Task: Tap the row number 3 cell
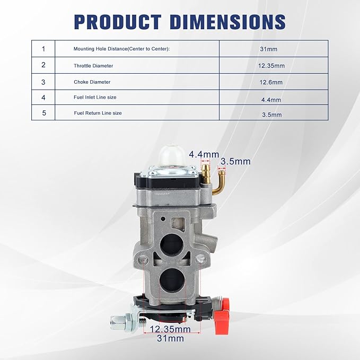pos(43,82)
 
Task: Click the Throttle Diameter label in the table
pos(93,66)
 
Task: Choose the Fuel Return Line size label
pos(98,113)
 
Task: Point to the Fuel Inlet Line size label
pos(95,98)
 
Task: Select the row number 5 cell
pos(43,112)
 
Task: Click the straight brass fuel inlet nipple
pos(204,171)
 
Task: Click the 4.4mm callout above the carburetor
pos(204,154)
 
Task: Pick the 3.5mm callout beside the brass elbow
pos(235,161)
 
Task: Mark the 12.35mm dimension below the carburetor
pos(172,329)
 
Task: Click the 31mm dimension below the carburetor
pos(172,338)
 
